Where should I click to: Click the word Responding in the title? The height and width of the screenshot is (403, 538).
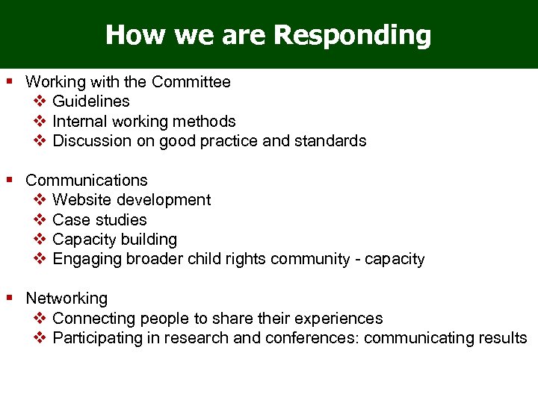pos(352,35)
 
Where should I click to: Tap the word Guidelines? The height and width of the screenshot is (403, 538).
pos(91,101)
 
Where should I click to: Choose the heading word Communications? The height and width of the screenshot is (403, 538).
pos(87,181)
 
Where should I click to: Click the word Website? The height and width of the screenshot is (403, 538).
pos(82,200)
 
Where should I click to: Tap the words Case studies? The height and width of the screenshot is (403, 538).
pos(99,220)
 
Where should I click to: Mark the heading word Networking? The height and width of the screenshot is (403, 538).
pos(67,299)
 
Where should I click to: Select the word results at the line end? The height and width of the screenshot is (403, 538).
pos(504,338)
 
